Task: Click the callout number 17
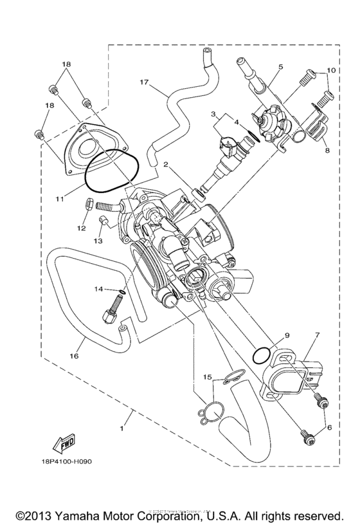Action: pos(143,82)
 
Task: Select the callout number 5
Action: pos(280,67)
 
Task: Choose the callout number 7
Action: pos(317,335)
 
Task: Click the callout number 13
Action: pos(98,241)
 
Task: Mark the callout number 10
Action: pos(331,69)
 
